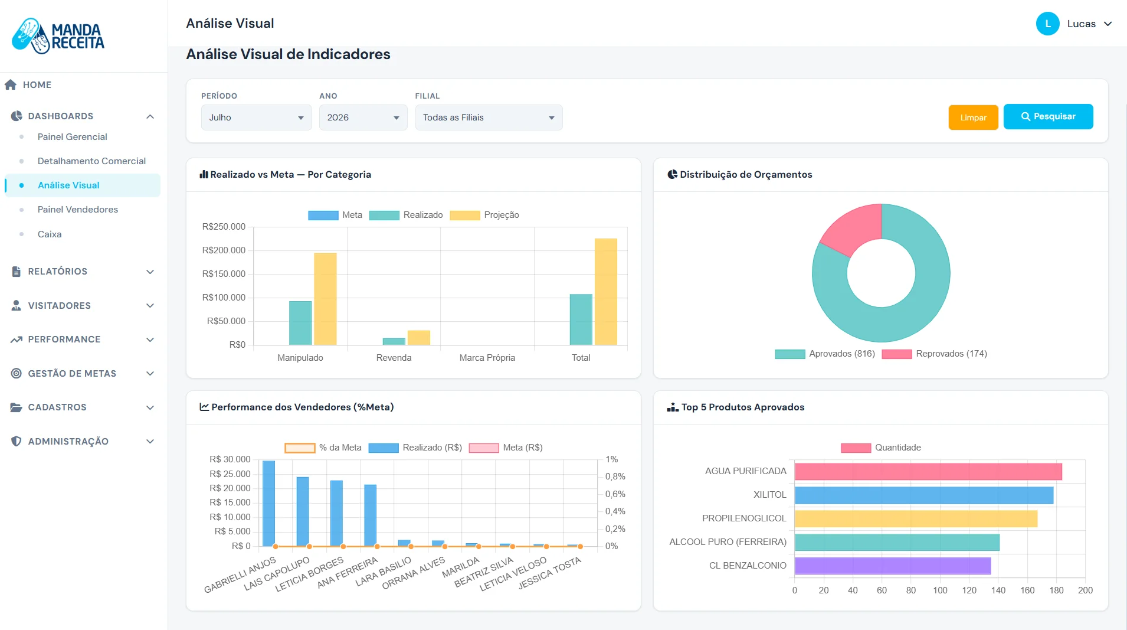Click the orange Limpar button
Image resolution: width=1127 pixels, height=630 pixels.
click(973, 117)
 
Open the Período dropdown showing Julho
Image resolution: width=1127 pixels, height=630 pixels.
click(256, 117)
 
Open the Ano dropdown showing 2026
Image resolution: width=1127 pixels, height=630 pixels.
click(363, 117)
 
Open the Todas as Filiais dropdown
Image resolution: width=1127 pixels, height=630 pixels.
click(489, 117)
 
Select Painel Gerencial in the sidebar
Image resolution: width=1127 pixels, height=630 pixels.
click(73, 137)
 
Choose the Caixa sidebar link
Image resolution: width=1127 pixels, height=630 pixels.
click(50, 234)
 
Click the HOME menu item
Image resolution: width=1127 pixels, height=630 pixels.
click(37, 85)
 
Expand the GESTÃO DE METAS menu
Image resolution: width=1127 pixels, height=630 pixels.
click(83, 374)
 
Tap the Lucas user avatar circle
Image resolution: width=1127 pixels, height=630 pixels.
click(1048, 24)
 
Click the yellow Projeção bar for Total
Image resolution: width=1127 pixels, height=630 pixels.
click(606, 292)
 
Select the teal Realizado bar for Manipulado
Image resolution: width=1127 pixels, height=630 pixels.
click(300, 323)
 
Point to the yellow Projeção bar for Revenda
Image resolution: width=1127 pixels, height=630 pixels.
click(419, 338)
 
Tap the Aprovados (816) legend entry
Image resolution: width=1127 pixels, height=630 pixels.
click(825, 354)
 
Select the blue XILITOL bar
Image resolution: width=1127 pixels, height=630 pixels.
click(924, 495)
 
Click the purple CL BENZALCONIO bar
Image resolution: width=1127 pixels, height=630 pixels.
click(893, 566)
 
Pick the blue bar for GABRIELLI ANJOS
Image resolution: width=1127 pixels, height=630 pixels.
click(268, 504)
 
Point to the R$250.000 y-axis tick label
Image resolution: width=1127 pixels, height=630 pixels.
click(224, 227)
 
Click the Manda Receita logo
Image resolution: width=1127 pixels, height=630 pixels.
click(58, 36)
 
